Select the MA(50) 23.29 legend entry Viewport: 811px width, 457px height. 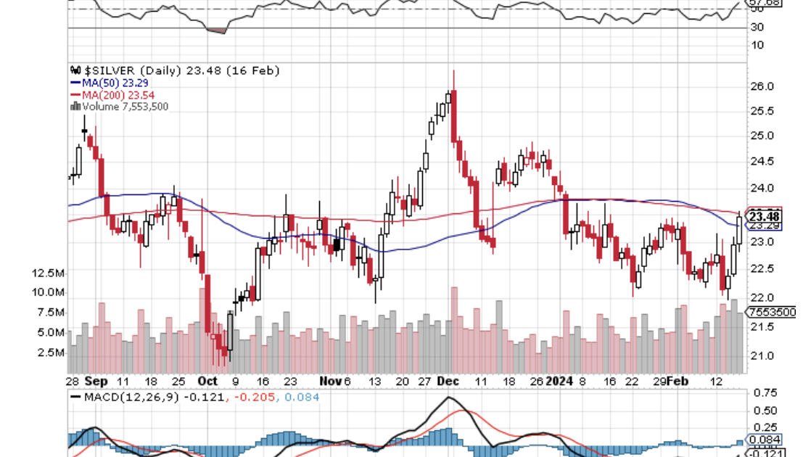click(112, 83)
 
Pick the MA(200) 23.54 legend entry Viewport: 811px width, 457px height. click(112, 95)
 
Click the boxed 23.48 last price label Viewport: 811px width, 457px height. click(765, 216)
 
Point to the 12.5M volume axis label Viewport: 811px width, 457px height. click(49, 273)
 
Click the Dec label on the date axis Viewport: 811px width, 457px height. click(446, 381)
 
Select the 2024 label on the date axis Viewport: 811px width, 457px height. click(559, 381)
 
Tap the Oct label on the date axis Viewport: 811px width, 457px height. click(207, 381)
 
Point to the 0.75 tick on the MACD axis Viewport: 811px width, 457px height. click(766, 393)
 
